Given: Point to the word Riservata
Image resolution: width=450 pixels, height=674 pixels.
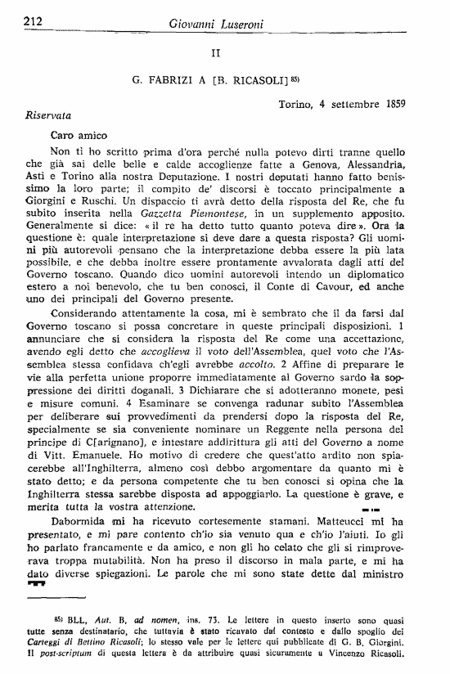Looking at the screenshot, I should click(x=49, y=115).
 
